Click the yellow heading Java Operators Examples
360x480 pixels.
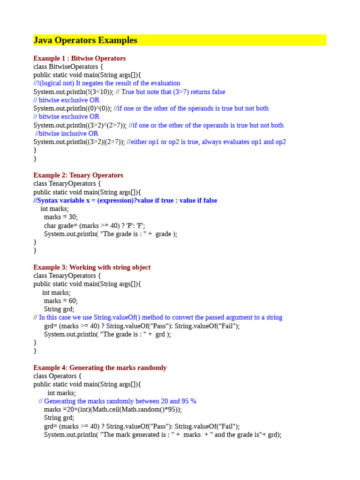pyautogui.click(x=85, y=40)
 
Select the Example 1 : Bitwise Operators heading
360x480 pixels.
pyautogui.click(x=79, y=59)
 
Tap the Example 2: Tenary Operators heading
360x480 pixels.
pyautogui.click(x=78, y=175)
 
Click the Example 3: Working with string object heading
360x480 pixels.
pyautogui.click(x=92, y=267)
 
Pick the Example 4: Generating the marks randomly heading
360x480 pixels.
pyautogui.click(x=100, y=367)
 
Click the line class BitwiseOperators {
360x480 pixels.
pyautogui.click(x=68, y=67)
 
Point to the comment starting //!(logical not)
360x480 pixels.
pyautogui.click(x=107, y=83)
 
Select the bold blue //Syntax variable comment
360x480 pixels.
pyautogui.click(x=125, y=200)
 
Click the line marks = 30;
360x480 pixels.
pyautogui.click(x=61, y=217)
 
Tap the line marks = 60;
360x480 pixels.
pyautogui.click(x=61, y=300)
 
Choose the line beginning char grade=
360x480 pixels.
pyautogui.click(x=94, y=225)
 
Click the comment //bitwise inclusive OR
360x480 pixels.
pyautogui.click(x=67, y=134)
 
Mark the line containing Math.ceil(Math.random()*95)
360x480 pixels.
pyautogui.click(x=112, y=409)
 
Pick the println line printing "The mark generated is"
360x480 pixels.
pyautogui.click(x=163, y=435)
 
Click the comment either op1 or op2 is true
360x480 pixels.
pyautogui.click(x=208, y=142)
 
